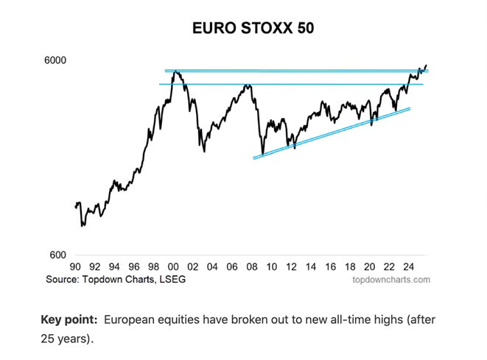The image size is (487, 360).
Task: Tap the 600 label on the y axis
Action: pos(57,255)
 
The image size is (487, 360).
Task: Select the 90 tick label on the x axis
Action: pos(75,267)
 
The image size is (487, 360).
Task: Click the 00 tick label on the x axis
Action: pos(173,267)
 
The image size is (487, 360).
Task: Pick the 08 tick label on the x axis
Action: pos(252,267)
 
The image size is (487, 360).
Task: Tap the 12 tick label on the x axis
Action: pos(291,267)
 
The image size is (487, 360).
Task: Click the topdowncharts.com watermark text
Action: pos(391,280)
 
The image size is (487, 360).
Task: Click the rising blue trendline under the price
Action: pos(332,133)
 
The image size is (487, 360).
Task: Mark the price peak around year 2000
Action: pos(174,71)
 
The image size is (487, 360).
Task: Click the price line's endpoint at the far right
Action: pos(426,66)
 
